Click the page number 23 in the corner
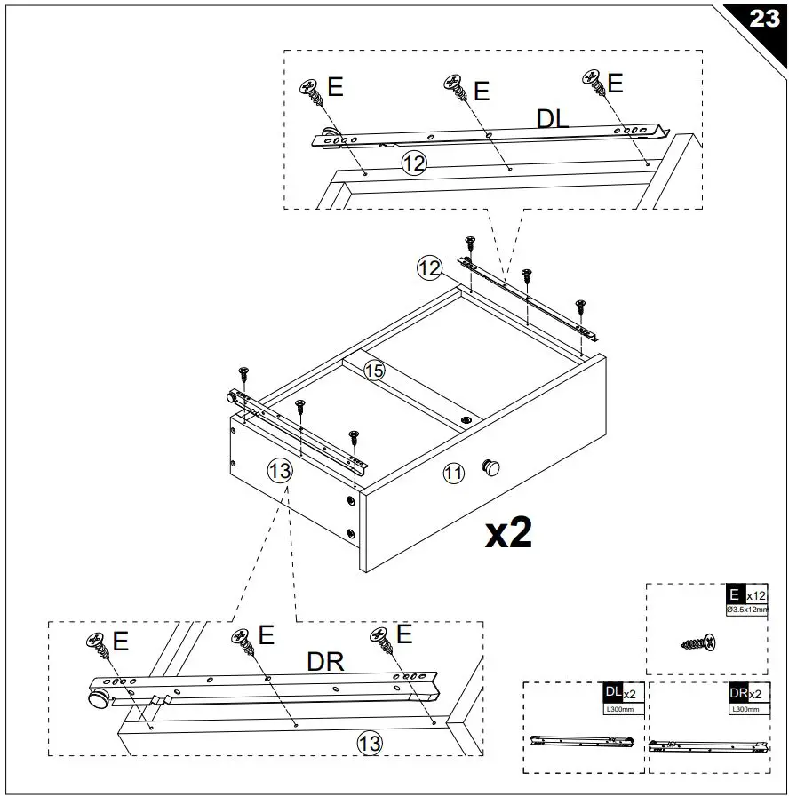click(x=763, y=20)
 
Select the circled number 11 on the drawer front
click(x=454, y=474)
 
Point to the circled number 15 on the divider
click(x=375, y=371)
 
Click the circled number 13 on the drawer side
click(x=280, y=472)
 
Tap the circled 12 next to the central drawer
click(x=430, y=267)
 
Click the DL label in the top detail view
click(x=553, y=120)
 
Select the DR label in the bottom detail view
click(x=326, y=662)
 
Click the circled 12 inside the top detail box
click(x=414, y=163)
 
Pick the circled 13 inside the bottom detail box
click(x=370, y=742)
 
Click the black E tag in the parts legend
click(x=734, y=594)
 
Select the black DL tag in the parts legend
click(x=612, y=693)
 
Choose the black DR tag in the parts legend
click(x=737, y=693)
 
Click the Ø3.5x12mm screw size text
click(x=746, y=610)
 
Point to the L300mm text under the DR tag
click(x=744, y=709)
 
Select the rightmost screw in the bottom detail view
click(x=381, y=638)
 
